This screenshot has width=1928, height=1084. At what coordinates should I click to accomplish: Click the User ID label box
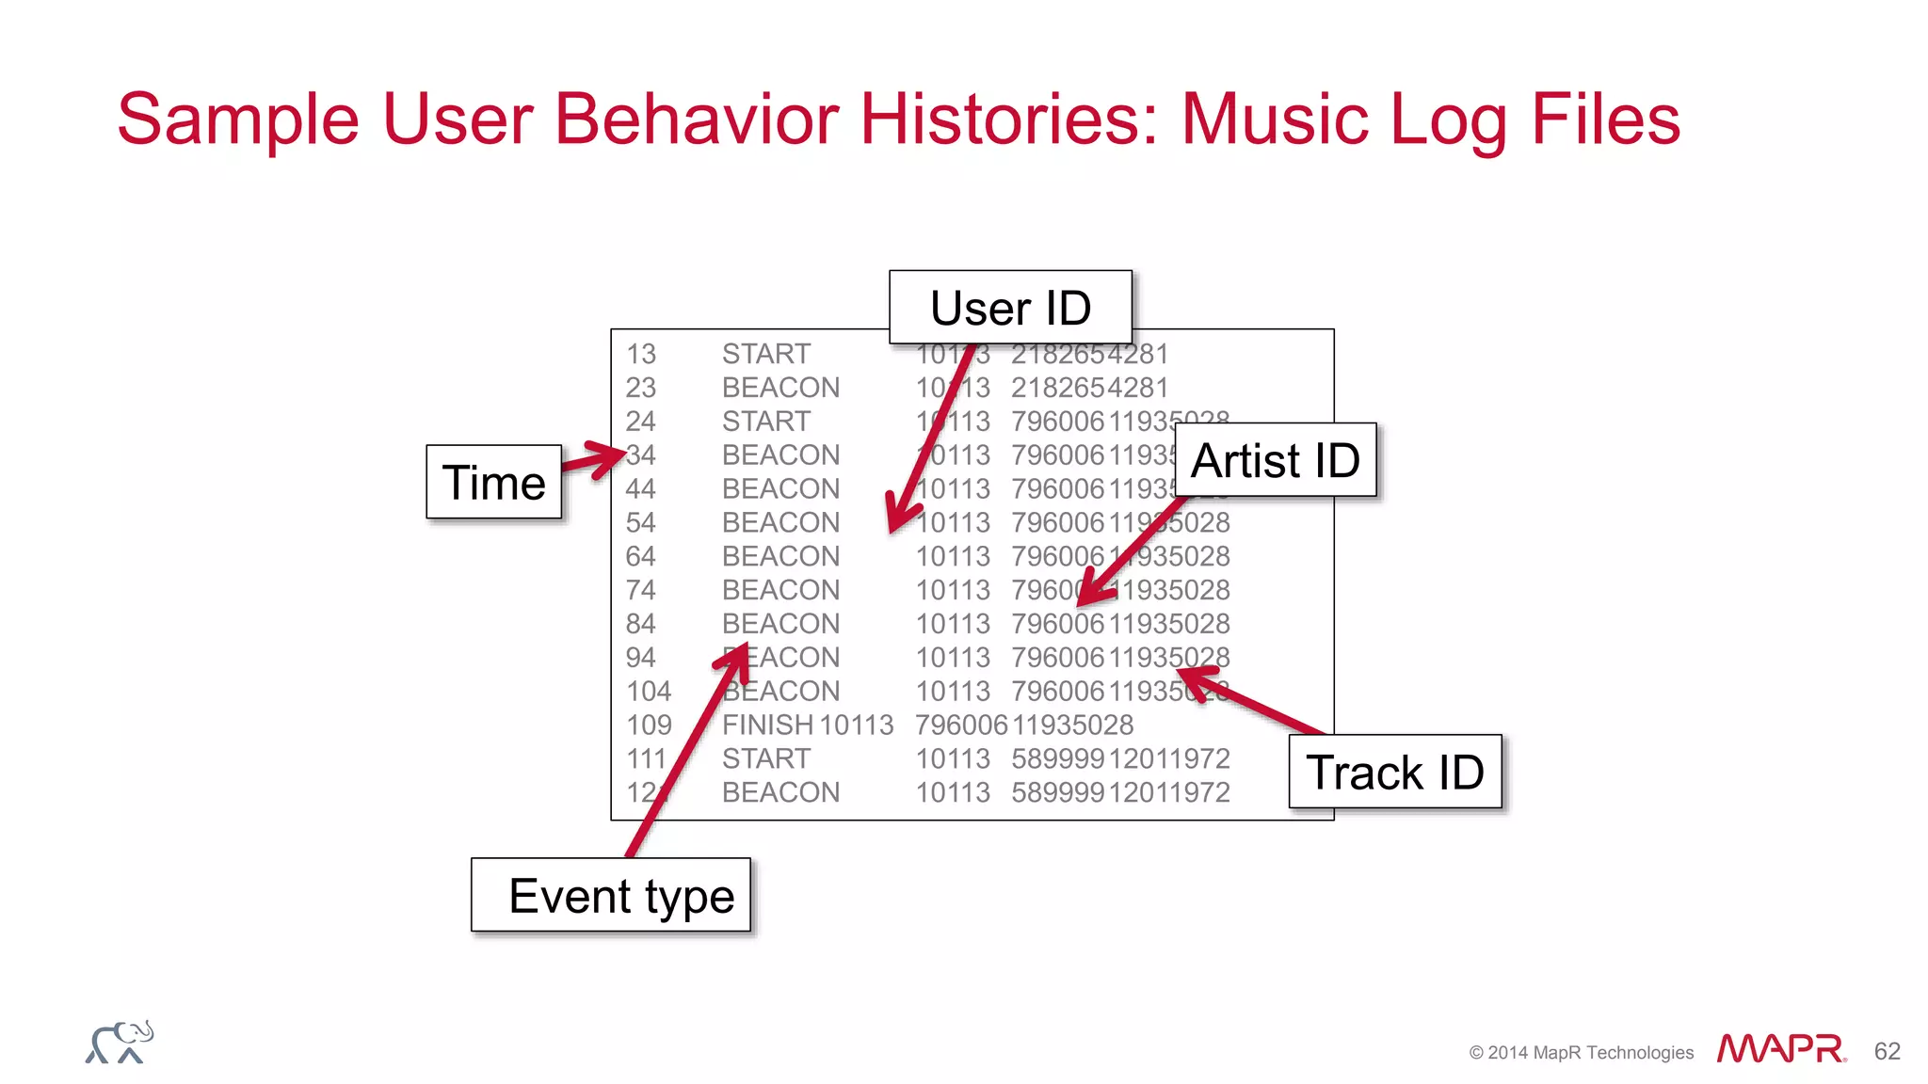pyautogui.click(x=1010, y=308)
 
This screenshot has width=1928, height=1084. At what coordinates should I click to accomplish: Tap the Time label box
pyautogui.click(x=493, y=482)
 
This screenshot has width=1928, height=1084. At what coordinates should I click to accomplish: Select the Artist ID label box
pyautogui.click(x=1275, y=460)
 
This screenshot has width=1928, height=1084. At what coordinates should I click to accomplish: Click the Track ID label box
pyautogui.click(x=1394, y=772)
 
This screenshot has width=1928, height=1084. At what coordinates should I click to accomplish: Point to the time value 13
pyautogui.click(x=641, y=354)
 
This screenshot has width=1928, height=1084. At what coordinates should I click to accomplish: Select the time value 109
pyautogui.click(x=649, y=725)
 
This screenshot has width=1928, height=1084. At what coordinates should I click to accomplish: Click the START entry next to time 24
pyautogui.click(x=765, y=421)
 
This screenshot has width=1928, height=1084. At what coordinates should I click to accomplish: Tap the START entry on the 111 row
pyautogui.click(x=765, y=758)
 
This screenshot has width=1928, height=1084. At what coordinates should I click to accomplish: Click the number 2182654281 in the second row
pyautogui.click(x=1089, y=388)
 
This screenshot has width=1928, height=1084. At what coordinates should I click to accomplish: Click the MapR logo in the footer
pyautogui.click(x=1780, y=1048)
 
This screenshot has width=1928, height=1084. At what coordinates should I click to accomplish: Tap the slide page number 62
pyautogui.click(x=1887, y=1051)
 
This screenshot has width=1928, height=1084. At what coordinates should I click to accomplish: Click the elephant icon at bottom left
pyautogui.click(x=120, y=1043)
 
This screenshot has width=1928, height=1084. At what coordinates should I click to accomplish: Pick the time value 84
pyautogui.click(x=641, y=624)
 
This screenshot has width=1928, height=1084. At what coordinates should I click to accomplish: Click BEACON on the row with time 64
pyautogui.click(x=780, y=556)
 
